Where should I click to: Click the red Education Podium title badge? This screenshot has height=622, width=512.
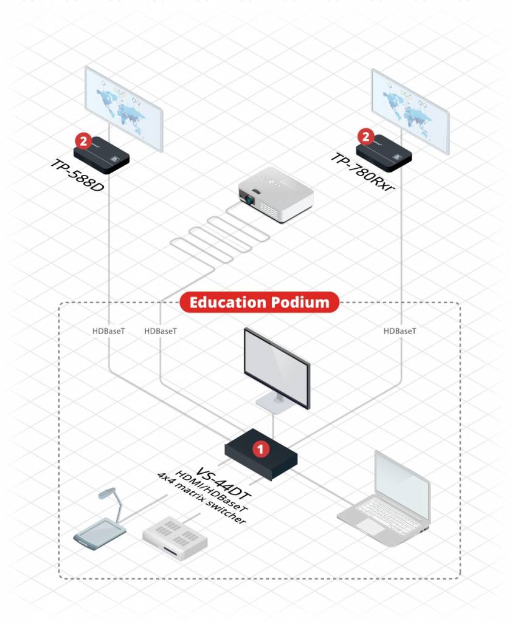click(x=260, y=302)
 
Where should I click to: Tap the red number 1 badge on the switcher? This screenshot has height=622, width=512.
click(x=260, y=449)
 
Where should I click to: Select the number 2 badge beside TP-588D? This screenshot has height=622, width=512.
click(x=83, y=140)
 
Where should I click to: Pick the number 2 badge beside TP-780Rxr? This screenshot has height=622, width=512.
click(x=365, y=137)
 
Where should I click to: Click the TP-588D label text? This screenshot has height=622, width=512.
click(x=77, y=175)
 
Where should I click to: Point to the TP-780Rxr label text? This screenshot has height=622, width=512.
click(x=362, y=172)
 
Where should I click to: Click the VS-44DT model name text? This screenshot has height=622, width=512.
click(x=223, y=483)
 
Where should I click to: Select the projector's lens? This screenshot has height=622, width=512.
click(x=249, y=200)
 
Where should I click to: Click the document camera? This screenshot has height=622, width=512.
click(x=100, y=519)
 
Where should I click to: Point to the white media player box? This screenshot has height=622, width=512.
click(x=175, y=538)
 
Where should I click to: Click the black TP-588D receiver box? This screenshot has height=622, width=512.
click(x=102, y=155)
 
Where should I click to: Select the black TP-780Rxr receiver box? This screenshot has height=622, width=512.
click(x=384, y=153)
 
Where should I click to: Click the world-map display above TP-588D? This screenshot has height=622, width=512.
click(x=124, y=109)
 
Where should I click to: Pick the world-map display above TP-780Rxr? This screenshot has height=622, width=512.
click(x=410, y=112)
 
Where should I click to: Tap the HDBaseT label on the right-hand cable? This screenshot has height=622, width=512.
click(x=400, y=331)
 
